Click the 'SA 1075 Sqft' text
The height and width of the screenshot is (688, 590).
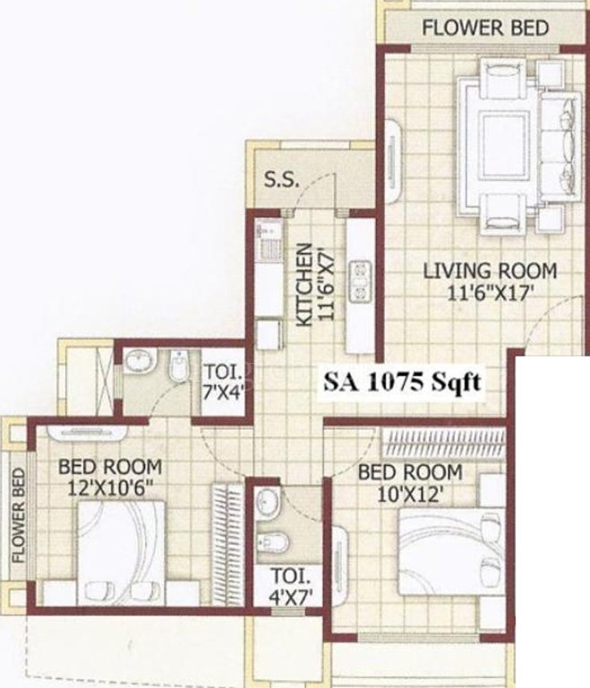403,383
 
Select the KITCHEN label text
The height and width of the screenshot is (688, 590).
304,285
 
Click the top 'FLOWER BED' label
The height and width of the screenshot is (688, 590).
484,28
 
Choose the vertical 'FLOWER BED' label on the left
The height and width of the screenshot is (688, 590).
17,514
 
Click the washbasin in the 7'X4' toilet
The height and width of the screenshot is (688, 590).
139,360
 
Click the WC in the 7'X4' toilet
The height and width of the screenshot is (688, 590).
176,365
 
